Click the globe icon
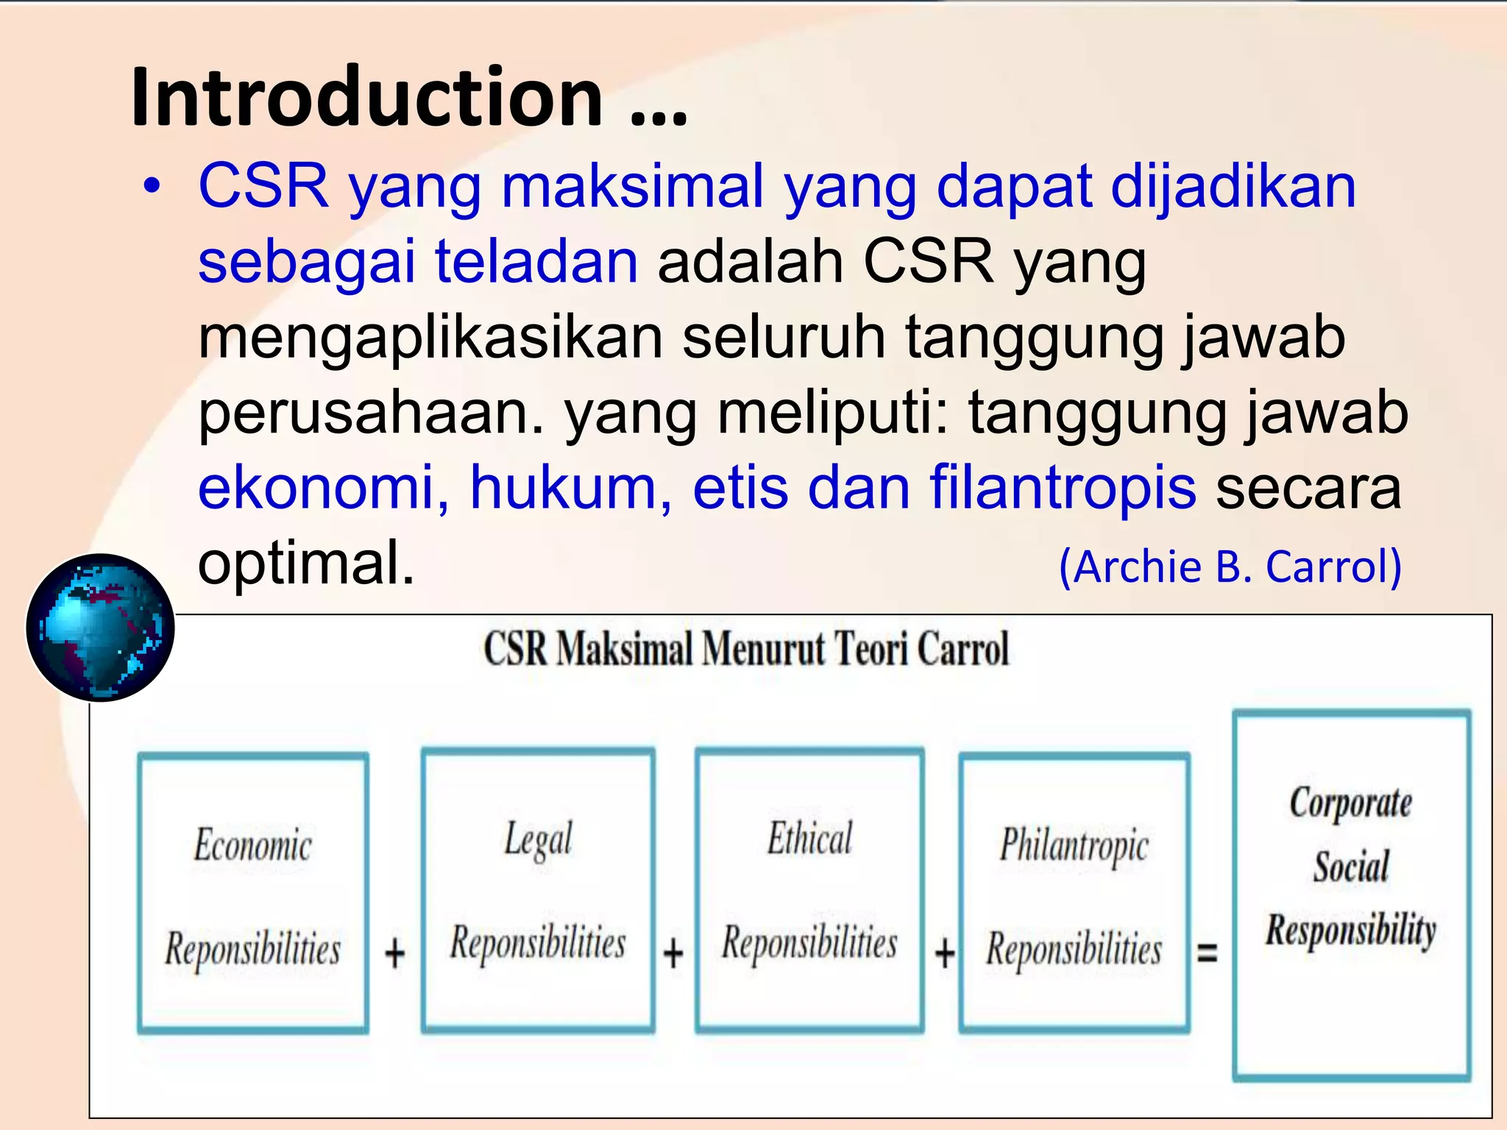(x=101, y=628)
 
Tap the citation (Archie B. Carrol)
(x=1230, y=566)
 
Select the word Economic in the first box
(x=252, y=845)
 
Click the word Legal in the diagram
(x=538, y=839)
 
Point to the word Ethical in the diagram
(x=809, y=839)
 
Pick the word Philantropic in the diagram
(x=1074, y=845)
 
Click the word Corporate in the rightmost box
(x=1350, y=803)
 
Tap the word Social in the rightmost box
(x=1351, y=866)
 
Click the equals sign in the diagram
(x=1208, y=953)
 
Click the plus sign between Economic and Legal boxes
(x=395, y=953)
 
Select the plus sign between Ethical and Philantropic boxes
(x=945, y=953)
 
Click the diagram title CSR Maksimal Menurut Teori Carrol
(x=746, y=649)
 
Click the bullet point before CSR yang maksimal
(x=152, y=186)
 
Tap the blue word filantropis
(x=1063, y=487)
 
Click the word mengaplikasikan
(x=430, y=337)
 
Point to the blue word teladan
(x=536, y=261)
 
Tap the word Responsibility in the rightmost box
(x=1351, y=930)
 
